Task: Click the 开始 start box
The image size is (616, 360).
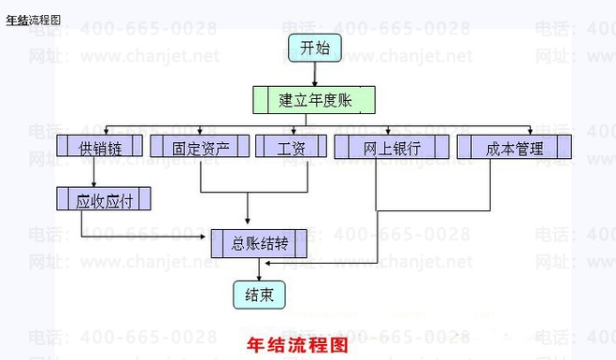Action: pyautogui.click(x=315, y=48)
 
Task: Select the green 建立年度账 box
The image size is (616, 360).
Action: pyautogui.click(x=314, y=100)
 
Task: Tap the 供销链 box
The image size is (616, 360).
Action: pyautogui.click(x=99, y=146)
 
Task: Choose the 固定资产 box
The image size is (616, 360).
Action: pyautogui.click(x=200, y=146)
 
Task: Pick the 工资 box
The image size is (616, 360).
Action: pyautogui.click(x=291, y=146)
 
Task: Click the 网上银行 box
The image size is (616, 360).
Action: pyautogui.click(x=392, y=147)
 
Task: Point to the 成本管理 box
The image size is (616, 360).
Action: pyautogui.click(x=514, y=147)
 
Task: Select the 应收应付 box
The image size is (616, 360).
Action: pyautogui.click(x=104, y=198)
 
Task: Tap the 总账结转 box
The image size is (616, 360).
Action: pyautogui.click(x=259, y=244)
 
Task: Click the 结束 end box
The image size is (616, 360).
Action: pyautogui.click(x=259, y=295)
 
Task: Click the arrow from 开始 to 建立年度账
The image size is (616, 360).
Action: pyautogui.click(x=315, y=74)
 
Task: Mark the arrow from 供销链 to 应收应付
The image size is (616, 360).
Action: pyautogui.click(x=93, y=172)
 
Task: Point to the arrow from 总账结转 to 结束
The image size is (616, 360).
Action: pyautogui.click(x=259, y=269)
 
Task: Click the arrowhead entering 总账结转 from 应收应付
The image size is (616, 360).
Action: pyautogui.click(x=202, y=237)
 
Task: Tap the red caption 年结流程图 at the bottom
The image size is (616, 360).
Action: pyautogui.click(x=297, y=345)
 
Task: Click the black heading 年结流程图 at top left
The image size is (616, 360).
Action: pyautogui.click(x=34, y=20)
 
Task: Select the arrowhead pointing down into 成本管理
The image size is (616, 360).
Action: pyautogui.click(x=530, y=132)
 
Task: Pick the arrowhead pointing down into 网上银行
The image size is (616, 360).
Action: pyautogui.click(x=388, y=132)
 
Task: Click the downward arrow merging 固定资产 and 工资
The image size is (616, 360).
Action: pyautogui.click(x=248, y=209)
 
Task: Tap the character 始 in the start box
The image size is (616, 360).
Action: pyautogui.click(x=322, y=48)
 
